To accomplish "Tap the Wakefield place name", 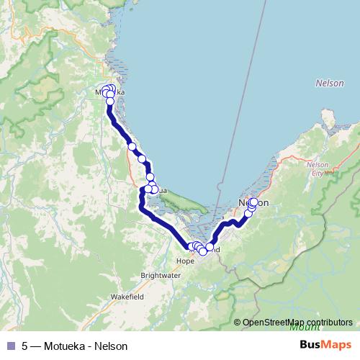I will (127, 296).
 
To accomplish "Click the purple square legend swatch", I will (10, 346).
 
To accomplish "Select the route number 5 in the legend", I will (24, 346).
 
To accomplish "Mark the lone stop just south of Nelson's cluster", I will (248, 214).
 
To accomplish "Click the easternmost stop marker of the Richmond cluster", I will (210, 247).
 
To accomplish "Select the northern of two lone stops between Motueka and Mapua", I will (132, 147).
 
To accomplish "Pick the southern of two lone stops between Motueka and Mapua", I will (142, 159).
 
